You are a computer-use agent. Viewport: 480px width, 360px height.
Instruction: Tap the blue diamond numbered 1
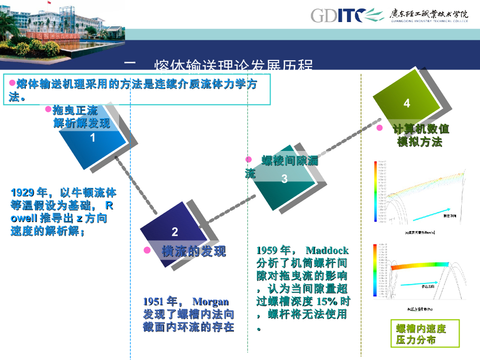[93, 137]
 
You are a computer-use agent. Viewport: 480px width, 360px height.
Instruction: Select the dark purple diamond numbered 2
[174, 232]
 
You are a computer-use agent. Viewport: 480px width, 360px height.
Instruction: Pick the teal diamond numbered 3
[284, 179]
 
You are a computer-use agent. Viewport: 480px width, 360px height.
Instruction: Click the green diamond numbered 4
[406, 103]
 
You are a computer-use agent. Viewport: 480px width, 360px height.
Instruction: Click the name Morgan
[210, 301]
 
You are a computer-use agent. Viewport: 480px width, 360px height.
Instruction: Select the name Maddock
[327, 250]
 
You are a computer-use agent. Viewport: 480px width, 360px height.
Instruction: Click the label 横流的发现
[194, 251]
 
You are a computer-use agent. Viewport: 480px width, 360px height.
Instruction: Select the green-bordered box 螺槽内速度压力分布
[425, 334]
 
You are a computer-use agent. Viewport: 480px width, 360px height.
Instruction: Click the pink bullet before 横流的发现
[147, 251]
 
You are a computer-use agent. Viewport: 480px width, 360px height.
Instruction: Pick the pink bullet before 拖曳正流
[48, 109]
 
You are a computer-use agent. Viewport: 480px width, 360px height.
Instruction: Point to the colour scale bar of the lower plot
[375, 270]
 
